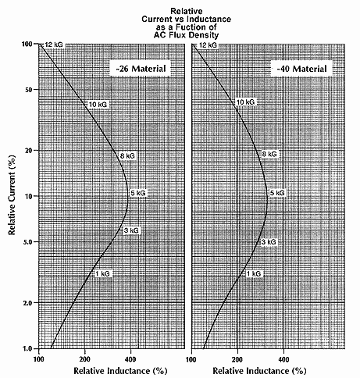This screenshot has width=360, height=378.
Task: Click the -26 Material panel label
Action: (141, 69)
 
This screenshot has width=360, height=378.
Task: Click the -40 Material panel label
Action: (301, 69)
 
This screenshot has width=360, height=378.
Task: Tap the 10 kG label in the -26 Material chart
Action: (98, 105)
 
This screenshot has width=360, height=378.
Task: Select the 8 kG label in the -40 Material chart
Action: (269, 154)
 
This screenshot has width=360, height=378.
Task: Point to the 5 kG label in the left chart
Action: (138, 193)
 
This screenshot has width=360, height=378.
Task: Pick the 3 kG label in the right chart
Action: (269, 242)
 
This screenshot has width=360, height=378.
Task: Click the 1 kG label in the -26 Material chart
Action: (102, 274)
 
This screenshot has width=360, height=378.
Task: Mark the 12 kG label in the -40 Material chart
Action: (208, 45)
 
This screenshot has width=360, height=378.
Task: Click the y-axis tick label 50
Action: (28, 90)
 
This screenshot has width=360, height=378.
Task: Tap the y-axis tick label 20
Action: (28, 151)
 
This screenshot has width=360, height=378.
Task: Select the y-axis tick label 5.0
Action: (27, 242)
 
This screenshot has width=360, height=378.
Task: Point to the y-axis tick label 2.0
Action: (27, 303)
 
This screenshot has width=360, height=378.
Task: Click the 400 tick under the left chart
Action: (130, 359)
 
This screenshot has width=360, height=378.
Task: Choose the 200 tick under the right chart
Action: (237, 359)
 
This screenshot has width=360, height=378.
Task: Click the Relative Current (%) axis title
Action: (12, 194)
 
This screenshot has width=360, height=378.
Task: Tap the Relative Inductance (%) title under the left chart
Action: (120, 371)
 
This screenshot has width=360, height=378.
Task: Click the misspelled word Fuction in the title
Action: (188, 27)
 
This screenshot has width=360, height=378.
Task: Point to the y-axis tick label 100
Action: (27, 44)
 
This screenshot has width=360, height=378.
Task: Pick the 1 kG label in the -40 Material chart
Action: (253, 274)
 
